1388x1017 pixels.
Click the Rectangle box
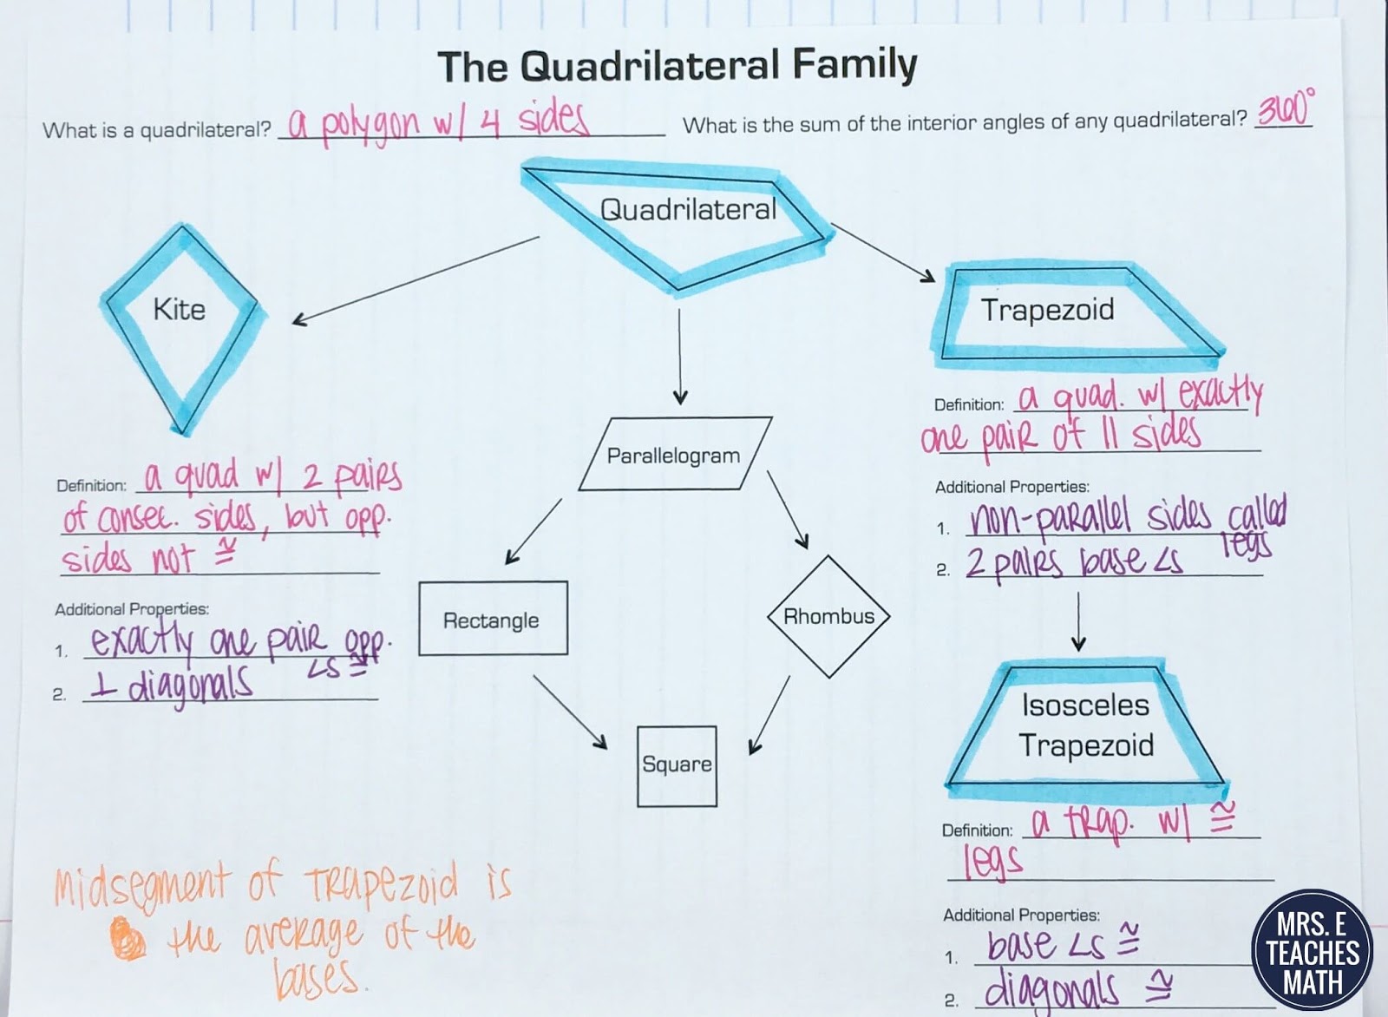493,619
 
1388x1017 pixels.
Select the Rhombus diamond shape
829,616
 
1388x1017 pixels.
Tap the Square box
677,765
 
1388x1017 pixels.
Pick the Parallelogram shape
673,456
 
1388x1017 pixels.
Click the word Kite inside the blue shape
180,310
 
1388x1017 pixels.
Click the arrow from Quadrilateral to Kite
416,279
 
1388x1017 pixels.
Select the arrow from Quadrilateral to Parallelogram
680,356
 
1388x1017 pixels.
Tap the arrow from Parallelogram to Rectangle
534,531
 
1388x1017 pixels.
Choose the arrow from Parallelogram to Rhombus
788,509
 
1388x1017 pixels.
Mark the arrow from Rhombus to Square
769,713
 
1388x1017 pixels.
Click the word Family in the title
854,66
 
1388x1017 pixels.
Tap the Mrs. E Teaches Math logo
1312,952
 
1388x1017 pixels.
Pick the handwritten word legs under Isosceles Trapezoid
993,861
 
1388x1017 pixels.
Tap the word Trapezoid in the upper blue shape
1047,310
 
